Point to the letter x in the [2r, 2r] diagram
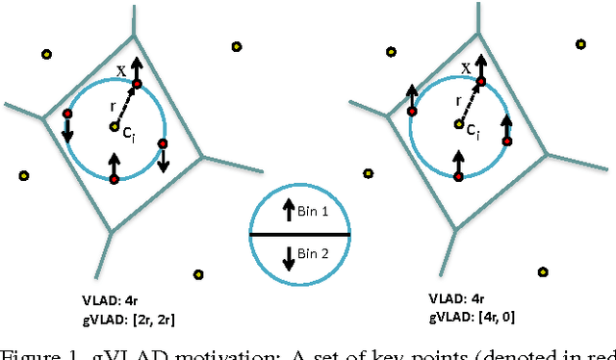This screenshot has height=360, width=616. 120,70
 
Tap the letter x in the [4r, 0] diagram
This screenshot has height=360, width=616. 466,68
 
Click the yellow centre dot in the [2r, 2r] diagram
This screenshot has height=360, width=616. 115,126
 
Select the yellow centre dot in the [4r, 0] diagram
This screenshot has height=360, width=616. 459,123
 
